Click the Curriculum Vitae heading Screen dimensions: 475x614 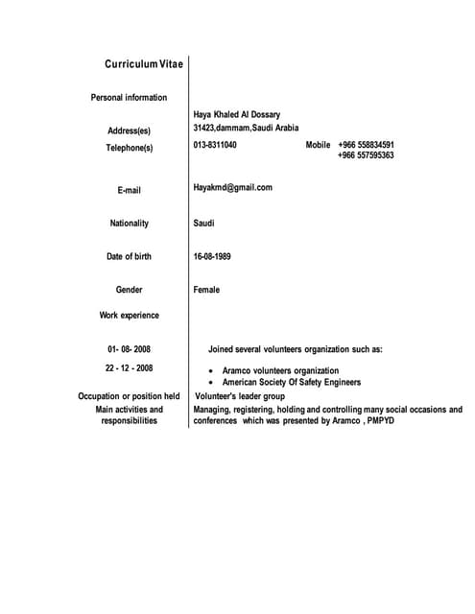pos(144,64)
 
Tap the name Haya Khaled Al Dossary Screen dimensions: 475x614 pos(237,114)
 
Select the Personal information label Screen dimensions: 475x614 pos(129,97)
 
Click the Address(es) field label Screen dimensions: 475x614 pos(130,130)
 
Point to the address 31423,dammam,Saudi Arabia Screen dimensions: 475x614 pos(246,128)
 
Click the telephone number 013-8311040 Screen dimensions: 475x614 pos(215,145)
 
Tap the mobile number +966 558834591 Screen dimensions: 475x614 pos(366,145)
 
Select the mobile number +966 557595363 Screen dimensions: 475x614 pos(366,155)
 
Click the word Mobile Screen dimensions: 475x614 pos(318,145)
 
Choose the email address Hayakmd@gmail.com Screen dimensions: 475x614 pos(233,187)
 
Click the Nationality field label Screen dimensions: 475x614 pos(130,224)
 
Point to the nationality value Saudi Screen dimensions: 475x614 pos(204,224)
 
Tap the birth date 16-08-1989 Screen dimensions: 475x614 pos(212,256)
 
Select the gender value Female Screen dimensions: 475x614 pos(206,290)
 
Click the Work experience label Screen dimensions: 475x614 pos(130,315)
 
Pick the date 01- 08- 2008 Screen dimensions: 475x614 pos(130,349)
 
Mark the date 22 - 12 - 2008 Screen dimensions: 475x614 pos(130,367)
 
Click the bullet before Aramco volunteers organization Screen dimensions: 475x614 pos(211,371)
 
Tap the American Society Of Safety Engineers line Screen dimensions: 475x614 pos(292,382)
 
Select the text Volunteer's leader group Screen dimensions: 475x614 pos(240,395)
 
